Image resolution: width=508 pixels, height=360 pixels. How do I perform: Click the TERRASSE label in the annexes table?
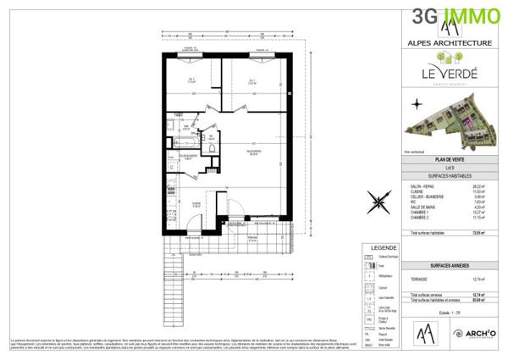(418, 280)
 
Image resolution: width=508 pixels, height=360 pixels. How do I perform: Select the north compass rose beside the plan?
(378, 202)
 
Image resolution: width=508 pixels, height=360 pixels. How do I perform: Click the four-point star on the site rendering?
(417, 103)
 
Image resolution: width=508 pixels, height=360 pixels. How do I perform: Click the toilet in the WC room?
(203, 139)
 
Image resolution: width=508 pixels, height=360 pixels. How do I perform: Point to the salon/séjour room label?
(253, 153)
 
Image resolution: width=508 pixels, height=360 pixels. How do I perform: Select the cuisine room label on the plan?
(195, 203)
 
